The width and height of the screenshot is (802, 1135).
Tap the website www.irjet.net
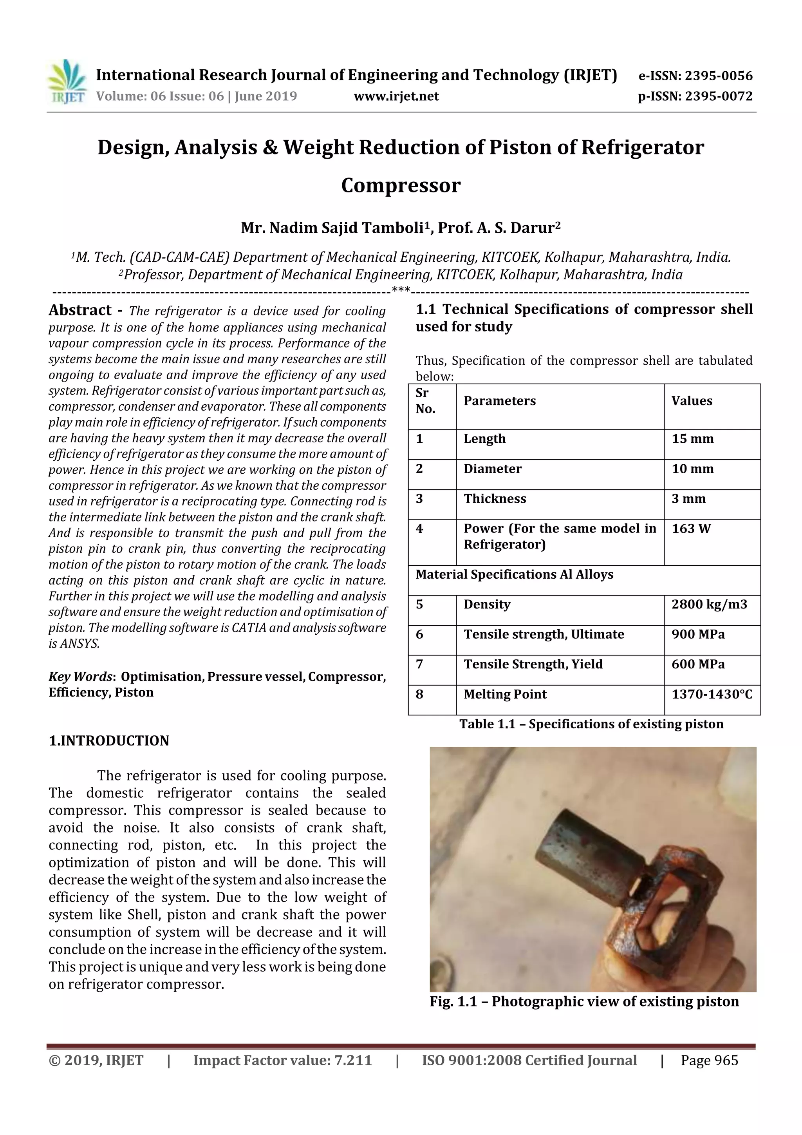pyautogui.click(x=396, y=96)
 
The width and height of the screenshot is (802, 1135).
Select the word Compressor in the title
pyautogui.click(x=401, y=185)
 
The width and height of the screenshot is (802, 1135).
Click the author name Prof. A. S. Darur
pyautogui.click(x=499, y=228)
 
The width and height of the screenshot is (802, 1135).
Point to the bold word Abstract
pyautogui.click(x=80, y=310)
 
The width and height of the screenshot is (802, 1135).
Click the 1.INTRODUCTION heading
pyautogui.click(x=109, y=740)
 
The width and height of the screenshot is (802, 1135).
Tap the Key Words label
pyautogui.click(x=81, y=676)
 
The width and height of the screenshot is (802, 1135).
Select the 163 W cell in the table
pyautogui.click(x=691, y=529)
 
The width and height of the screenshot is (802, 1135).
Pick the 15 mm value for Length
pyautogui.click(x=692, y=439)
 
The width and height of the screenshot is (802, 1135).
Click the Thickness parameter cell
pyautogui.click(x=495, y=499)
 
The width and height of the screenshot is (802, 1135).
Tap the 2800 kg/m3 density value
pyautogui.click(x=709, y=604)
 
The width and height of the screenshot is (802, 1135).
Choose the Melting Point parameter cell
pyautogui.click(x=505, y=694)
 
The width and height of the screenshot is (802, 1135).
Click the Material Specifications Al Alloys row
pyautogui.click(x=515, y=574)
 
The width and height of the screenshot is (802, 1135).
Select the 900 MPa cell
pyautogui.click(x=698, y=634)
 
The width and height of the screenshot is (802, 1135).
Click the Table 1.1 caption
pyautogui.click(x=591, y=724)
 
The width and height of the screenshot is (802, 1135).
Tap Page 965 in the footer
pyautogui.click(x=709, y=1060)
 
